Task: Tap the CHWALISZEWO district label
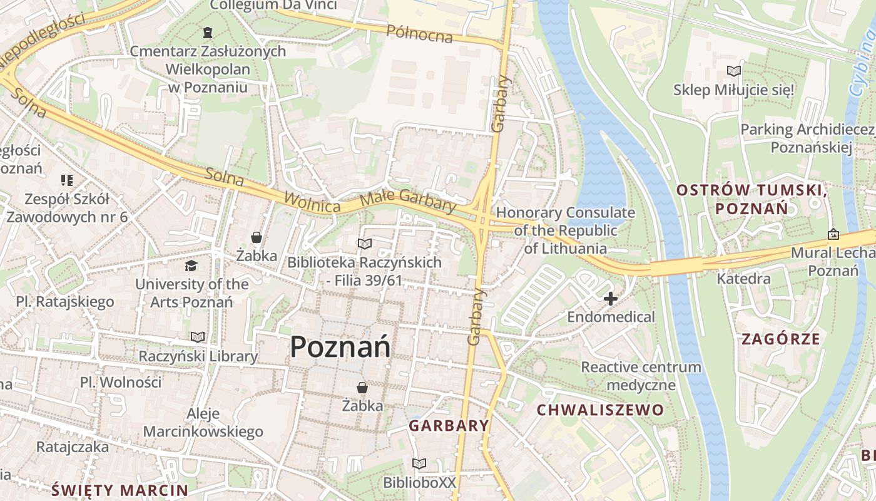coord(600,410)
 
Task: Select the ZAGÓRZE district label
coord(780,339)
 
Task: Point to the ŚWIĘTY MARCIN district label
coord(120,490)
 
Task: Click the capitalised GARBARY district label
coord(449,426)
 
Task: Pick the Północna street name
coord(419,34)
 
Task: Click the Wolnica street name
coord(312,202)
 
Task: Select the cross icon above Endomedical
coord(610,299)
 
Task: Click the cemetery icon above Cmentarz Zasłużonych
coord(208,32)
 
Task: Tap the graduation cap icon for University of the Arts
coord(191,266)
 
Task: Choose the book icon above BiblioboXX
coord(419,464)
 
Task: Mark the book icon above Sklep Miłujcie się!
coord(733,71)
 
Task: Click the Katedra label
coord(743,279)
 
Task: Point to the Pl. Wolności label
coord(121,382)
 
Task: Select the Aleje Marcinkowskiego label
coord(203,423)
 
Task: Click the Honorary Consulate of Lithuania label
coord(565,230)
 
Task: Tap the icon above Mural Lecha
coord(833,234)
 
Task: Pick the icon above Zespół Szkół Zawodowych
coord(67,181)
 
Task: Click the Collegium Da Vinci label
coord(273,5)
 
